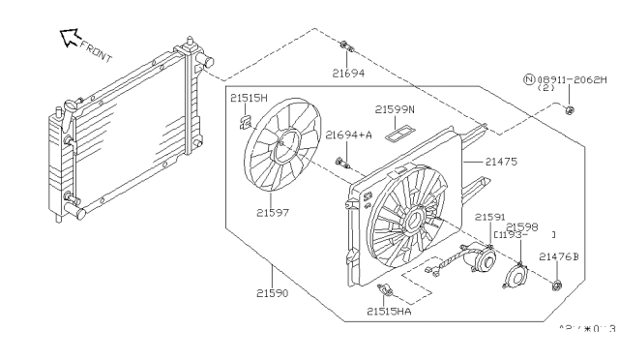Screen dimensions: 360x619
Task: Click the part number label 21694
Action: coord(349,73)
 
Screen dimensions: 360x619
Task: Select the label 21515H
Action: coord(249,97)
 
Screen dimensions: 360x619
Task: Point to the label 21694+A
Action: coord(349,135)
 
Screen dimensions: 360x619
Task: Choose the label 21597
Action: coord(277,211)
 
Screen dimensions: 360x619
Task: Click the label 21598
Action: coord(522,225)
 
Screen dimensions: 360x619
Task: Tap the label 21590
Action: coord(277,291)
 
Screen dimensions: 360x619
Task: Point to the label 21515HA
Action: coord(390,311)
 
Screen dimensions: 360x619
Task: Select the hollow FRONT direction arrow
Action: coord(69,37)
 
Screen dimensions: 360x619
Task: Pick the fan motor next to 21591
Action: coord(478,258)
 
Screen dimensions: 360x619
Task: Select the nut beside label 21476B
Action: coord(559,285)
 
